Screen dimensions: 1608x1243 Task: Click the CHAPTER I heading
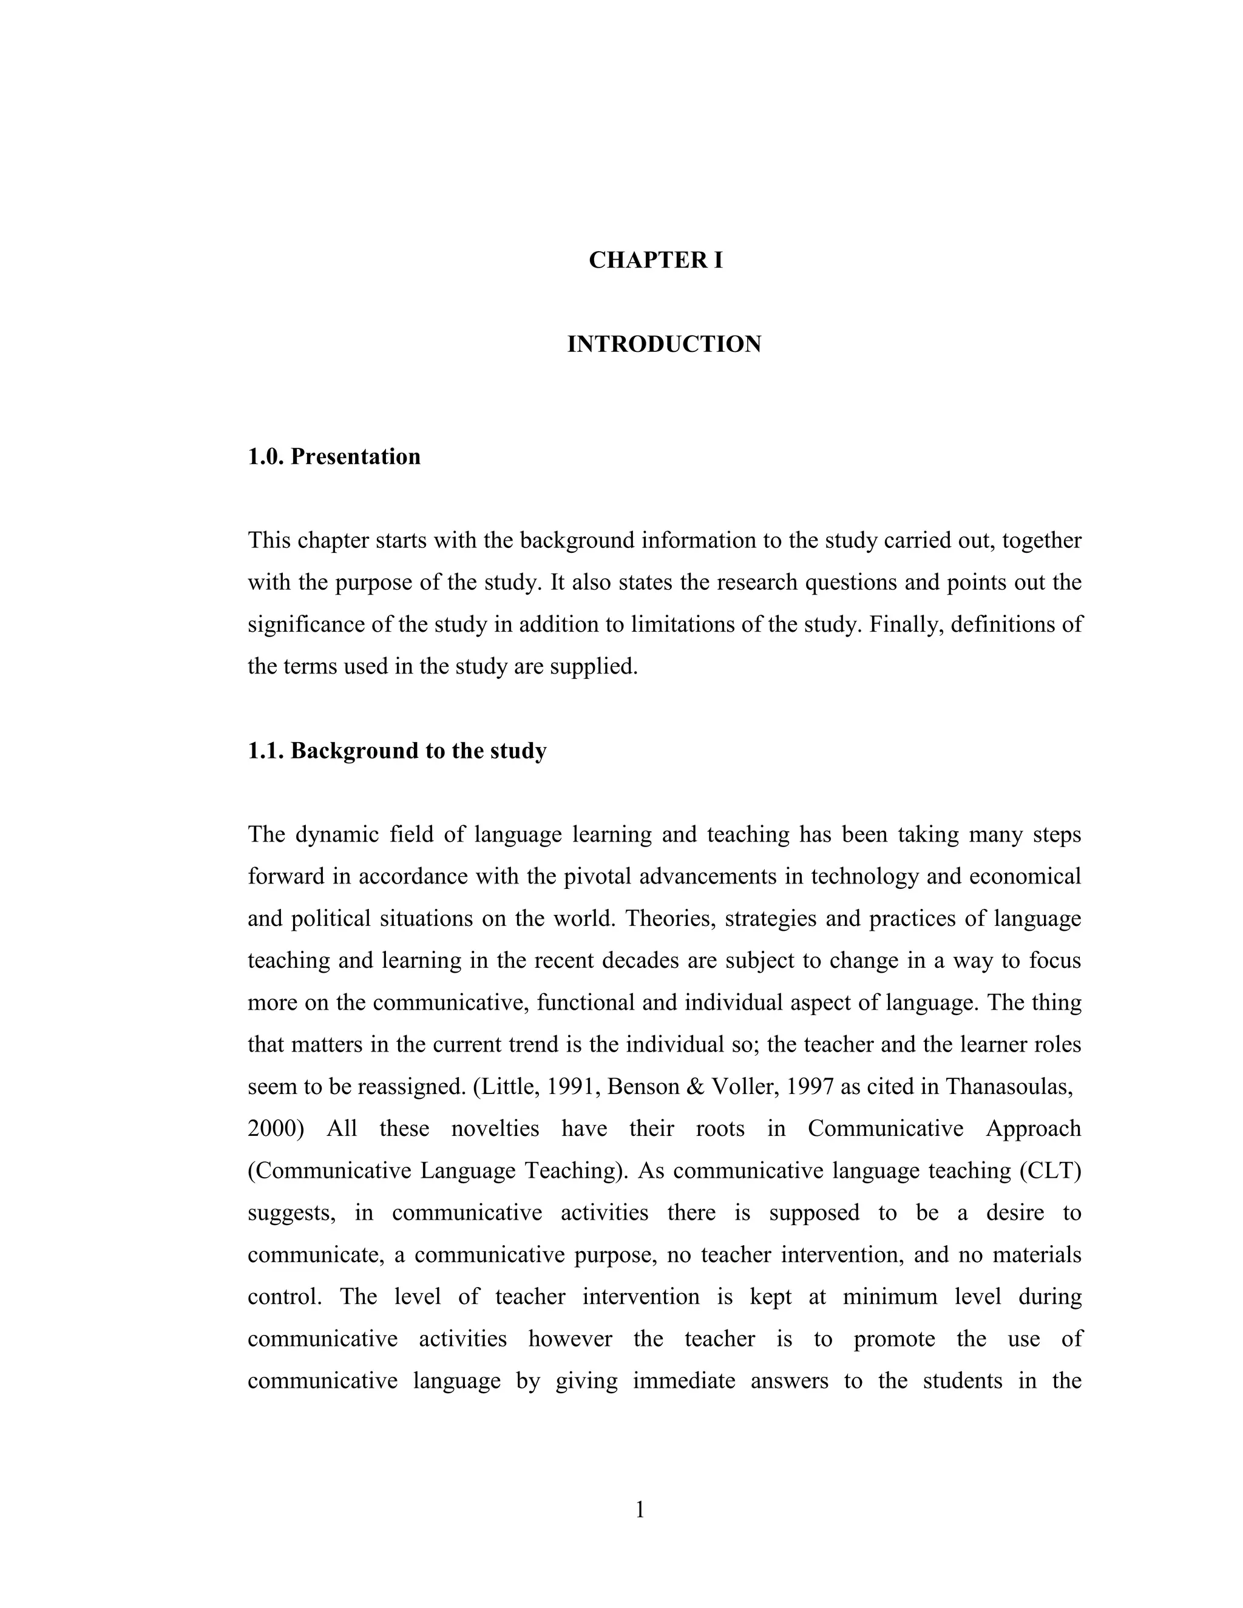pos(655,261)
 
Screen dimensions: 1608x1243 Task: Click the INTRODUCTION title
pos(663,345)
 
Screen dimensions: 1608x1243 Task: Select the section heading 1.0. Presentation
pos(334,456)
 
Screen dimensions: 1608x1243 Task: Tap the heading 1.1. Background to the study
pos(397,751)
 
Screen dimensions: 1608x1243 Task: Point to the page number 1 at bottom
pos(640,1510)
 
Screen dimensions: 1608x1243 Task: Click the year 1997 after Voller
pos(811,1087)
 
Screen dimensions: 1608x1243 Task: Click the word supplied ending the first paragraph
pos(594,667)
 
